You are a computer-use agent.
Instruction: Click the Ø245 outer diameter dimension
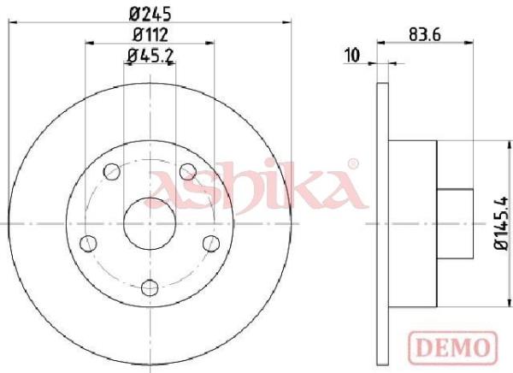150,14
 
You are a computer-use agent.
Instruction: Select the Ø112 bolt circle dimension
150,34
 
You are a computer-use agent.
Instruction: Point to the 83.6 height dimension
425,34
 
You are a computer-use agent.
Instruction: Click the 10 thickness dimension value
352,55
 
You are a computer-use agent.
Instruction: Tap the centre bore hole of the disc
150,223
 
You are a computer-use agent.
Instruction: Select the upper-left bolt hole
111,171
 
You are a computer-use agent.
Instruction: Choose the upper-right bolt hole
188,171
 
